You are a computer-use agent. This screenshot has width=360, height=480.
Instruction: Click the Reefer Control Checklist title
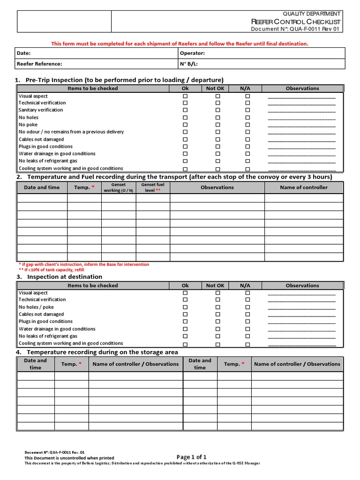click(x=296, y=22)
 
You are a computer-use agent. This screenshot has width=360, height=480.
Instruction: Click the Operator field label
click(x=192, y=53)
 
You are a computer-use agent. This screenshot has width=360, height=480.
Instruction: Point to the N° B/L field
click(x=188, y=64)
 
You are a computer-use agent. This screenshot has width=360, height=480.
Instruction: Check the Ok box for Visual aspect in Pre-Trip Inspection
click(x=185, y=96)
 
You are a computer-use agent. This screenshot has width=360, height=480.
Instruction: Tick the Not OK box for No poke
click(x=217, y=125)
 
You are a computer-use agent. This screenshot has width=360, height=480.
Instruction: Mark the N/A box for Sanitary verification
click(x=247, y=110)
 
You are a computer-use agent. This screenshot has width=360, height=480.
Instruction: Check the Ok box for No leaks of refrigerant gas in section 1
click(x=185, y=161)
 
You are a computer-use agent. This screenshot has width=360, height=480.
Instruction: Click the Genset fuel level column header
click(x=153, y=187)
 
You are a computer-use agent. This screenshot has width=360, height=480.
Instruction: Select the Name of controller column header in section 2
click(x=304, y=187)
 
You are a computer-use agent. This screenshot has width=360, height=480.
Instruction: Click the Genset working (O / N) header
click(x=119, y=187)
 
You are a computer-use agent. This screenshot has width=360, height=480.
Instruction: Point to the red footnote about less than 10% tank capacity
click(x=51, y=270)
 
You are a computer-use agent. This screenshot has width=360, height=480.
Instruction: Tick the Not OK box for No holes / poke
click(x=217, y=307)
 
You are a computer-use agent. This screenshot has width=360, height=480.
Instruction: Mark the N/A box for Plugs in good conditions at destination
click(x=247, y=322)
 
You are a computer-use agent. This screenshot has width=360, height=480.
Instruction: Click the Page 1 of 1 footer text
click(x=191, y=457)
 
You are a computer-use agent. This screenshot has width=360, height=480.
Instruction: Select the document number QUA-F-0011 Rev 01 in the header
click(x=296, y=29)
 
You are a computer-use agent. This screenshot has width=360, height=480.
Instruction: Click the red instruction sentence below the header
click(x=180, y=44)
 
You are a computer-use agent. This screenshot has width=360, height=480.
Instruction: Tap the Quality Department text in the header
click(x=311, y=14)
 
